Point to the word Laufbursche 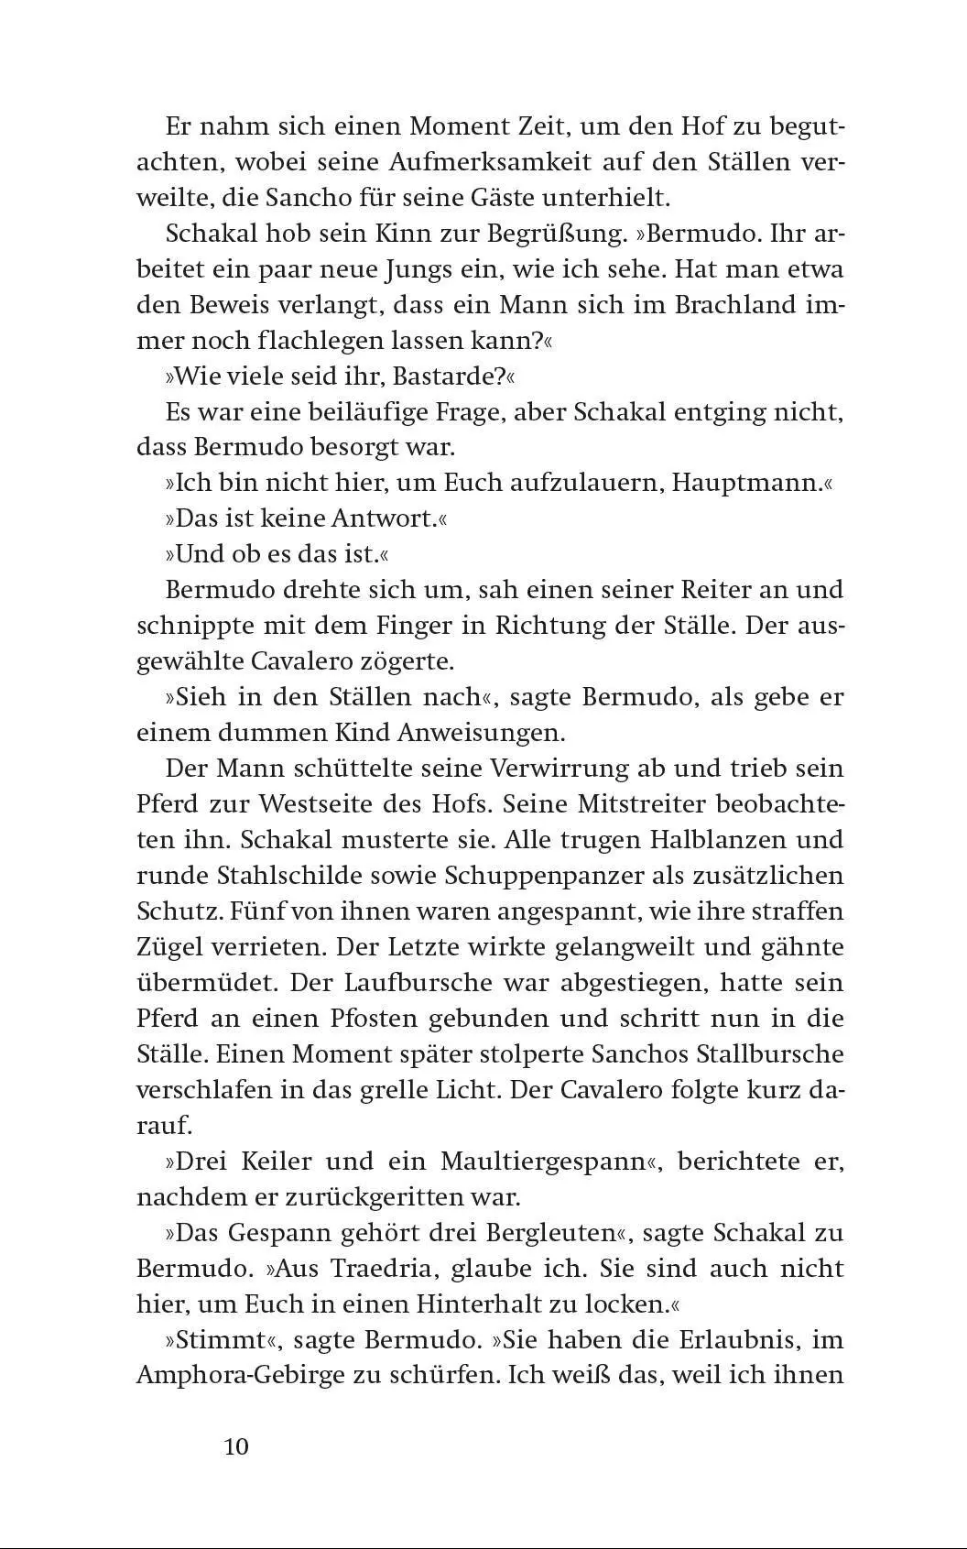[421, 982]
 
